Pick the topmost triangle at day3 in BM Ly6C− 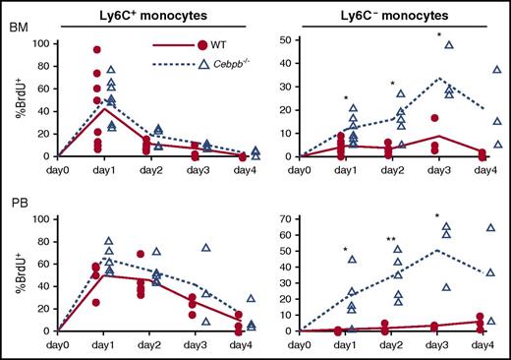(448, 44)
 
